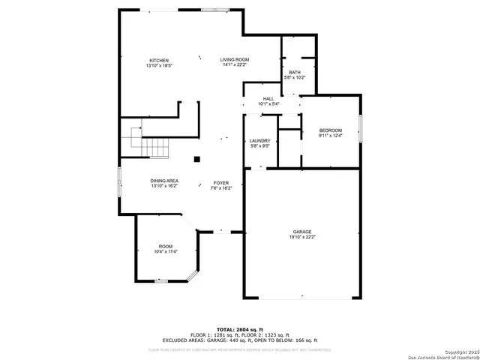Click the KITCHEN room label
(x=158, y=60)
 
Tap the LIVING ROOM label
(x=234, y=60)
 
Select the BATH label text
(x=294, y=72)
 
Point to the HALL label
(x=268, y=98)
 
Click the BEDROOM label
(x=330, y=130)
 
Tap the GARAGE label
(x=302, y=232)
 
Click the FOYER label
(x=221, y=182)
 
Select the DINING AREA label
(x=164, y=181)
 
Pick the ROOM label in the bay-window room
(x=165, y=247)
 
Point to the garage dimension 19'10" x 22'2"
(x=302, y=237)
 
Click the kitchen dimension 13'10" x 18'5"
(x=158, y=65)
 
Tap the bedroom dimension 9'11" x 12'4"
(x=330, y=136)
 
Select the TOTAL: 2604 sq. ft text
(x=240, y=329)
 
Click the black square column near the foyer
(x=196, y=158)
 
